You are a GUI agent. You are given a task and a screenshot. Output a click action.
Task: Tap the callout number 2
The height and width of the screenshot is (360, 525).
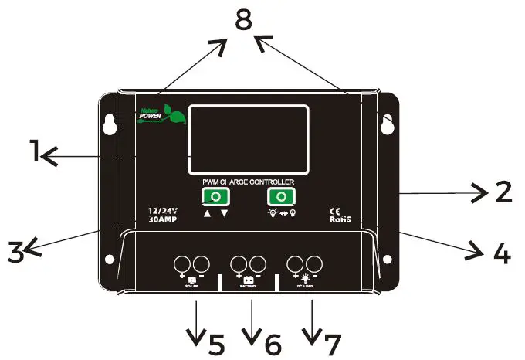pyautogui.click(x=503, y=191)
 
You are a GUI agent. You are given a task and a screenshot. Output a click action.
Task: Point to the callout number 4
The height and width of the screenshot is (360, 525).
pyautogui.click(x=502, y=253)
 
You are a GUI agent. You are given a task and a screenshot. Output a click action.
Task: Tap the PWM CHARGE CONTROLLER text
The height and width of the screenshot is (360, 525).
pyautogui.click(x=249, y=181)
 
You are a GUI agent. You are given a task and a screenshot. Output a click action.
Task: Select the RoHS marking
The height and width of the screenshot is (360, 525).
pyautogui.click(x=340, y=219)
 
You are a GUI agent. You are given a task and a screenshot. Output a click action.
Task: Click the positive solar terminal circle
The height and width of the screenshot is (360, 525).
pyautogui.click(x=184, y=263)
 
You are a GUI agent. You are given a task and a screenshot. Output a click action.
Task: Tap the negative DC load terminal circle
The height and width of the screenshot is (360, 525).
pyautogui.click(x=314, y=263)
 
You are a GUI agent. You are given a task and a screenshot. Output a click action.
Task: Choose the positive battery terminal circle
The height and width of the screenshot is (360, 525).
pyautogui.click(x=239, y=263)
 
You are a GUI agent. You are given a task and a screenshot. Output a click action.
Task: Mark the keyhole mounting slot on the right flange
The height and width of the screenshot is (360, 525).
pyautogui.click(x=386, y=124)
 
